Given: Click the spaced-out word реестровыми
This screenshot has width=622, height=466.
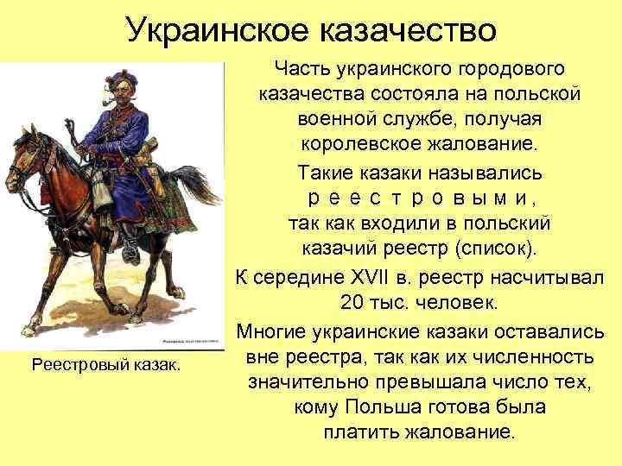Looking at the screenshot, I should [420, 198].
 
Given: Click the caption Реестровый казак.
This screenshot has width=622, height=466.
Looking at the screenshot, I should [106, 365].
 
